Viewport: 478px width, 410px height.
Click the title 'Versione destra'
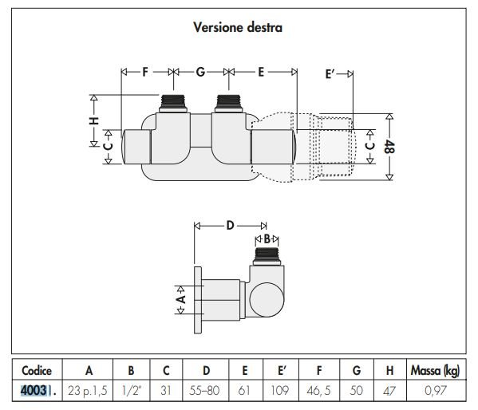238,27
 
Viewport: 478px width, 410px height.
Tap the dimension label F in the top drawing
145,72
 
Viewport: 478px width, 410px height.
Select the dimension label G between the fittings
200,72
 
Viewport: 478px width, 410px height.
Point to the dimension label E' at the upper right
330,74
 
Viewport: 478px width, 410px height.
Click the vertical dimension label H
94,120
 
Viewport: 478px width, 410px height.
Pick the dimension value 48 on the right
390,147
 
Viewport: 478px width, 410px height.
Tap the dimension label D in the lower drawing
230,226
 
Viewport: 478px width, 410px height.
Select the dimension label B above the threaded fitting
267,239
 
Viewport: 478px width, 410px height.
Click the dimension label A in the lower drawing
181,299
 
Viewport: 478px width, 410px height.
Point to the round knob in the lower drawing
267,299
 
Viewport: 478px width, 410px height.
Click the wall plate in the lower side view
198,300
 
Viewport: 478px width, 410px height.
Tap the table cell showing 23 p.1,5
88,391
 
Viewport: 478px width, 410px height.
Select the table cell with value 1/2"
132,391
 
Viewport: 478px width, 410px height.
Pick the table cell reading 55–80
204,391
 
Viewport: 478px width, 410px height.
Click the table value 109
280,391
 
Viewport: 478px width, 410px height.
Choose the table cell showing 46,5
318,391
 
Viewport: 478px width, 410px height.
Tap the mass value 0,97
436,391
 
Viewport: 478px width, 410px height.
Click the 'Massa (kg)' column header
436,371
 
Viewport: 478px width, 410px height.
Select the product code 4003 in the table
34,391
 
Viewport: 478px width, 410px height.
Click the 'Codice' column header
37,371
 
